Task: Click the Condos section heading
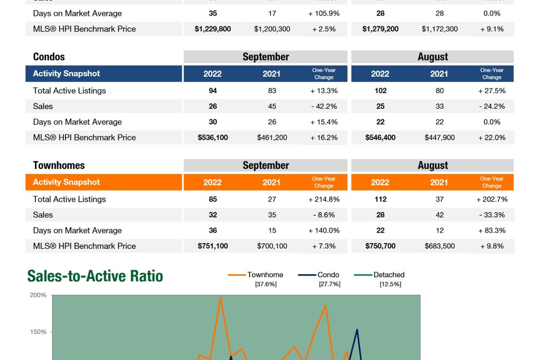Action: click(49, 57)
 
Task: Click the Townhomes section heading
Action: click(59, 165)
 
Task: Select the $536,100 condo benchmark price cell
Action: click(213, 138)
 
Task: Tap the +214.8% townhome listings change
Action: click(324, 199)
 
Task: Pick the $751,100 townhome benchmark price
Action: click(213, 246)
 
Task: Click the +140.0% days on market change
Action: click(324, 230)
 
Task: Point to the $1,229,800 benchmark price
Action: click(213, 29)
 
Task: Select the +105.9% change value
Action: click(324, 14)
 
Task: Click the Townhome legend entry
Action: click(265, 275)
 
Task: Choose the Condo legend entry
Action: click(328, 275)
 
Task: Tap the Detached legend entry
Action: click(389, 275)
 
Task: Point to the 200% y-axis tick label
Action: click(38, 295)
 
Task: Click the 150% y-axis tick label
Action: click(38, 332)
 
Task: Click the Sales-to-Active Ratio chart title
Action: click(95, 276)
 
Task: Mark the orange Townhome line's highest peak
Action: click(220, 297)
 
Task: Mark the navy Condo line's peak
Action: click(357, 329)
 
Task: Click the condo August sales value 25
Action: click(381, 107)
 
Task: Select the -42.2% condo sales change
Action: click(324, 107)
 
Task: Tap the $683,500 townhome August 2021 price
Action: click(440, 246)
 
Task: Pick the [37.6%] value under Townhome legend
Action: click(266, 284)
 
